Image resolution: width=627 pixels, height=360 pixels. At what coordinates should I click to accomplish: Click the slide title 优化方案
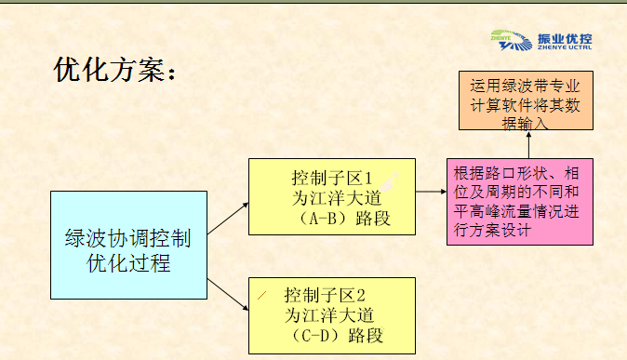113,70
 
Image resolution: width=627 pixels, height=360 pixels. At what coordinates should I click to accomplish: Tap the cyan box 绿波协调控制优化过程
128,246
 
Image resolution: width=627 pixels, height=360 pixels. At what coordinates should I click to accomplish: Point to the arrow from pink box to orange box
527,144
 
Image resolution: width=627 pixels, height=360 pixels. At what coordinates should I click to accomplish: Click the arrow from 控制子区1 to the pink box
428,193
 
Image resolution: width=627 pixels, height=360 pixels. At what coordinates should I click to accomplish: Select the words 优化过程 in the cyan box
128,263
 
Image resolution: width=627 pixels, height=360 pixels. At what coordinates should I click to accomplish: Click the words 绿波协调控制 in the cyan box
128,238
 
